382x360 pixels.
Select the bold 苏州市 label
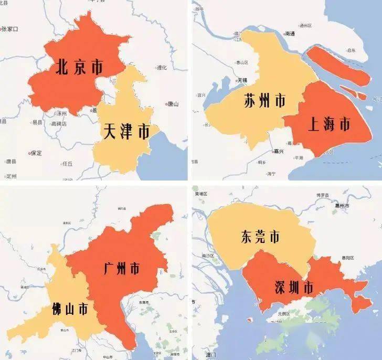point(265,100)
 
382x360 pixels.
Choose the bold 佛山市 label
point(70,309)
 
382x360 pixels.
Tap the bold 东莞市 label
point(260,237)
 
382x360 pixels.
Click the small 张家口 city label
point(10,29)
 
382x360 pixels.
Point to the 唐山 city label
point(173,104)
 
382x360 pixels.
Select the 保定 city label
point(36,153)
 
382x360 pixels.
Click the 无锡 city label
point(241,80)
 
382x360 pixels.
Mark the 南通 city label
point(290,34)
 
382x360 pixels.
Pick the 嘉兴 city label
point(278,151)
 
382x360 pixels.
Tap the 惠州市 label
point(344,205)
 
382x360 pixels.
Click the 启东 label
point(351,50)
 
